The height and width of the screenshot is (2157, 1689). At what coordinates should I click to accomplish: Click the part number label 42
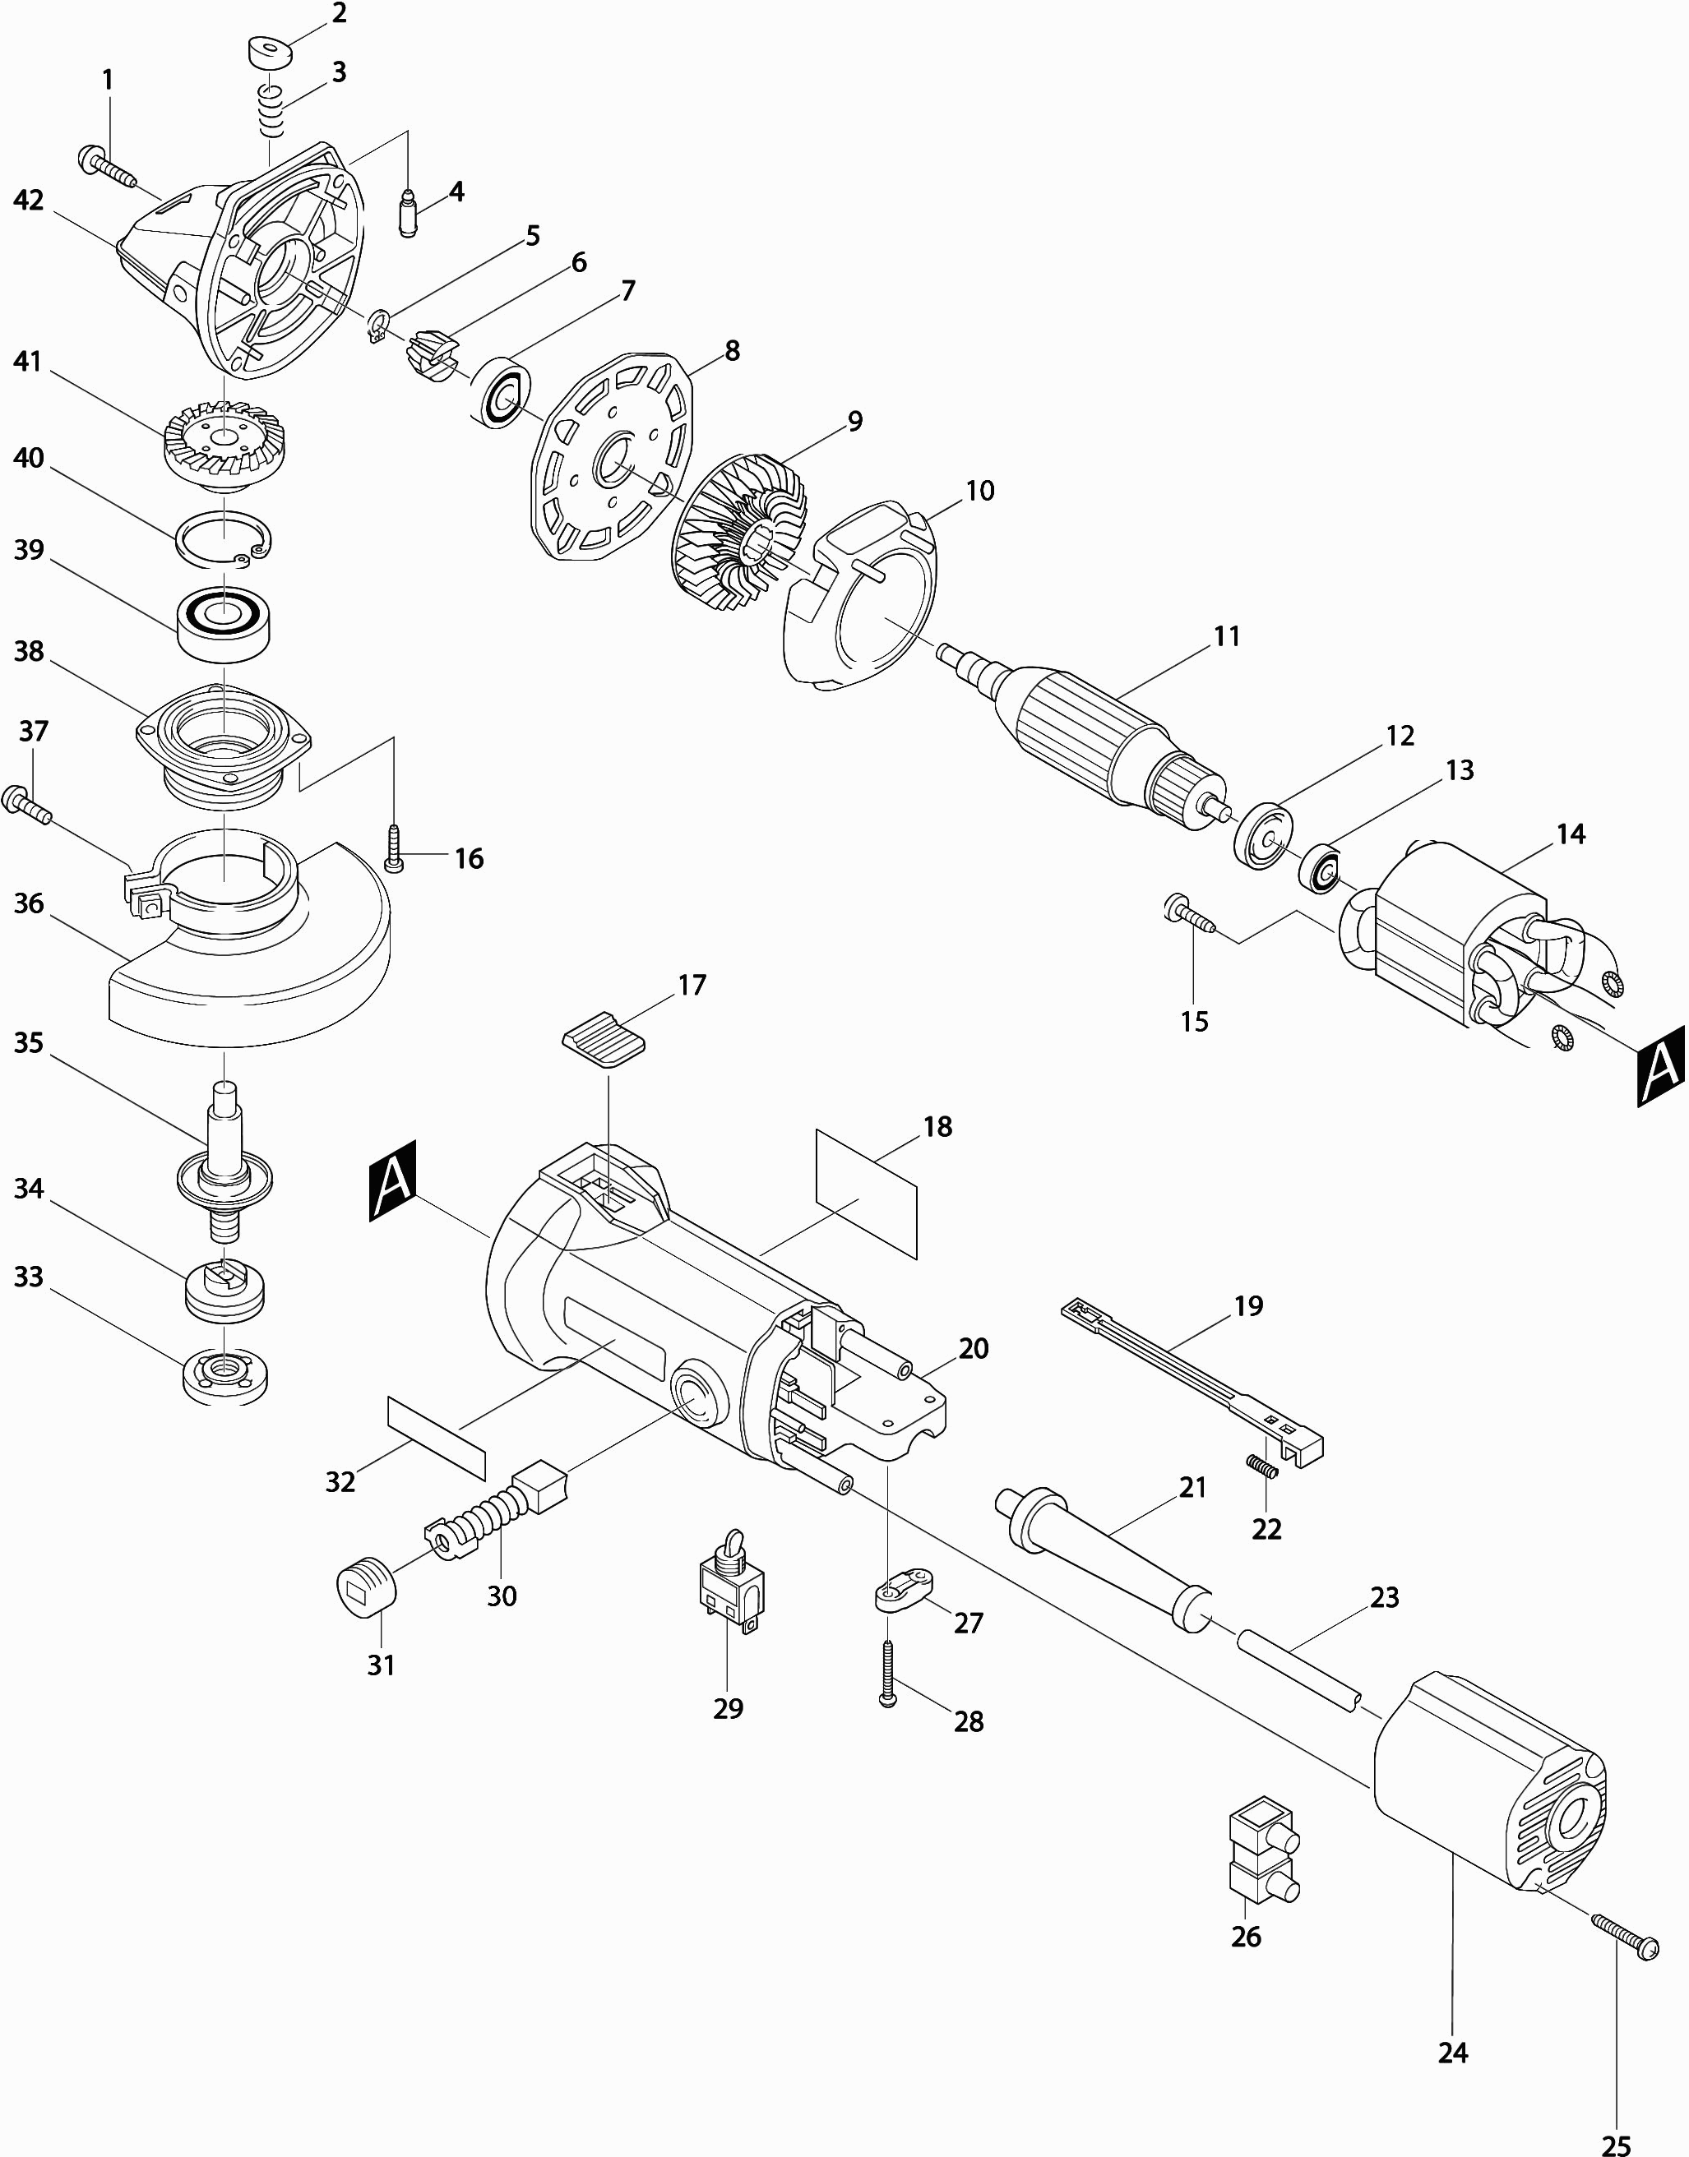coord(29,201)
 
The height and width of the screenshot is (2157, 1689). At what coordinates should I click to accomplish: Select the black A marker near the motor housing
coord(392,1180)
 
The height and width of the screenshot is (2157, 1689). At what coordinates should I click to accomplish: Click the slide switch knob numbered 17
coord(604,1041)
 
